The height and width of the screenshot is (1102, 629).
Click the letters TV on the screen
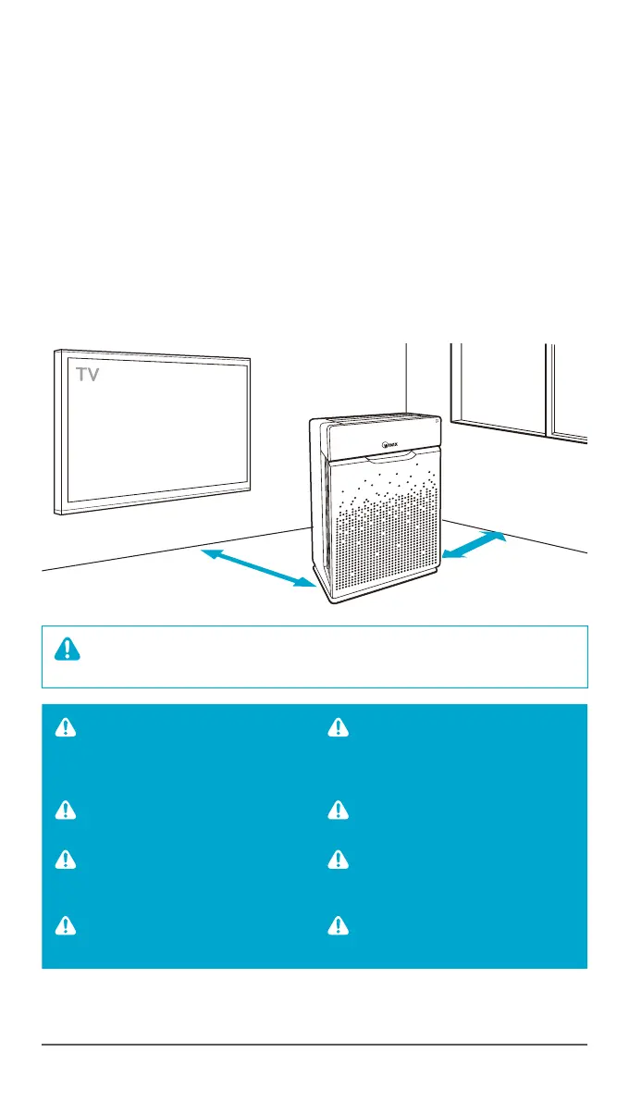[88, 375]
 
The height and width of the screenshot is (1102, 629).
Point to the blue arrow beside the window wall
[475, 545]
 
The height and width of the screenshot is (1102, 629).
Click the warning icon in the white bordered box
[68, 650]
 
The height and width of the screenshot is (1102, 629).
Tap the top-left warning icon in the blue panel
[66, 728]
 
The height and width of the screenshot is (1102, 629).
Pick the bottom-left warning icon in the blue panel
[66, 925]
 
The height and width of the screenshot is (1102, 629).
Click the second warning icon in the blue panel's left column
[66, 811]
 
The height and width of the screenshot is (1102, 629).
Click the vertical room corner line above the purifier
[406, 375]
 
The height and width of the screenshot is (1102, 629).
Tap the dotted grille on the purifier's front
[379, 537]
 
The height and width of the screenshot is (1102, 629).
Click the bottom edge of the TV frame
[153, 508]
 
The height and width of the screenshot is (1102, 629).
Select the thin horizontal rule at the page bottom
[314, 1046]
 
